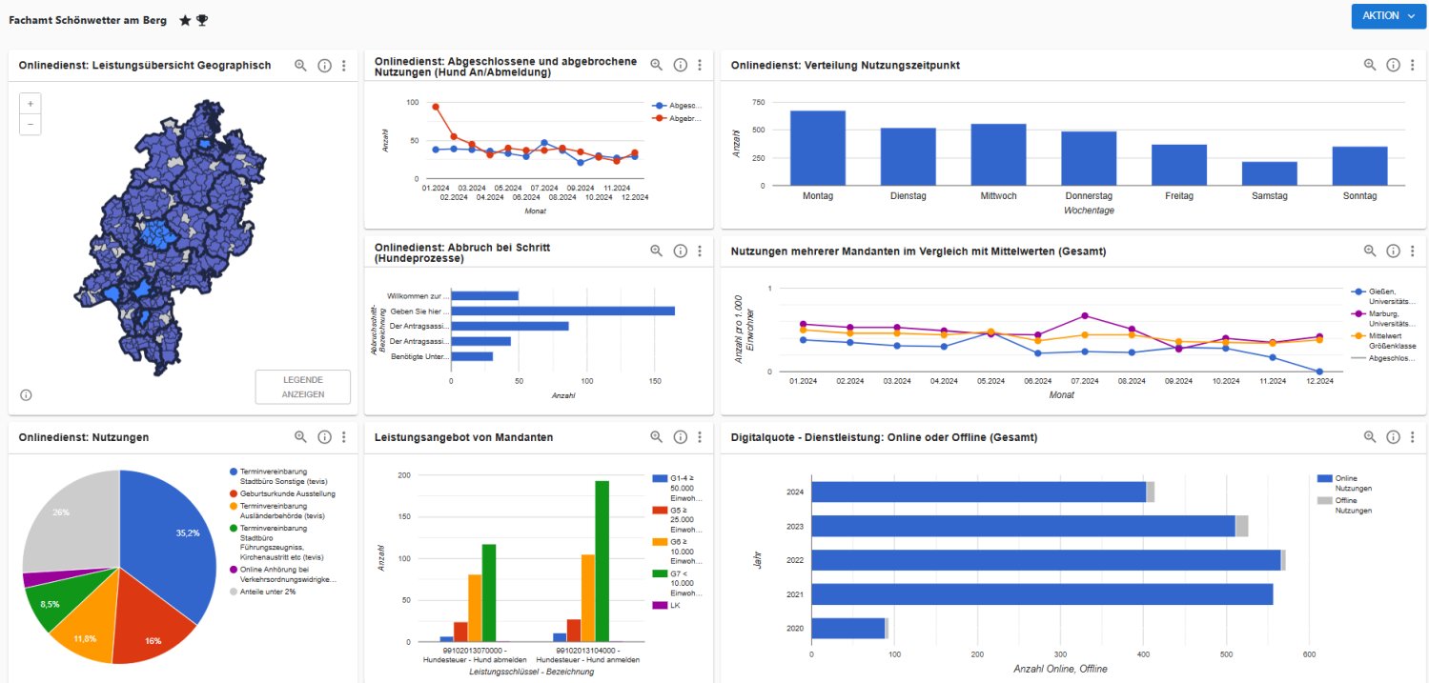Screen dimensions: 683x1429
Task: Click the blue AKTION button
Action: [1388, 16]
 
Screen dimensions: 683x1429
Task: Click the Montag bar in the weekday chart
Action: [817, 149]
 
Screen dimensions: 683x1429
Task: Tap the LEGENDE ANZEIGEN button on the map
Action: [303, 387]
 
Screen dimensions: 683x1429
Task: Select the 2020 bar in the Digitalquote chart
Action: [848, 628]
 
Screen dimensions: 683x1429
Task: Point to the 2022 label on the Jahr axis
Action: [794, 560]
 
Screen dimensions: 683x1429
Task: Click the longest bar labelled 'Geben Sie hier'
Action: [562, 311]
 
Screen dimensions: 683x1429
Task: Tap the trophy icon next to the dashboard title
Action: [202, 20]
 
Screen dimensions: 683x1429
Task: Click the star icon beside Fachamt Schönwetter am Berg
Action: [185, 20]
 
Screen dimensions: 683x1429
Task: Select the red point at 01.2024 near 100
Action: [436, 107]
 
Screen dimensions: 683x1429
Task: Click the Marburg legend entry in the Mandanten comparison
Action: [1389, 318]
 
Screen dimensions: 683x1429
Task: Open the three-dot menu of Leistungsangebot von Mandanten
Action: [699, 437]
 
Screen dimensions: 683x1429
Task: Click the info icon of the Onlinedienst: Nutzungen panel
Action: [324, 437]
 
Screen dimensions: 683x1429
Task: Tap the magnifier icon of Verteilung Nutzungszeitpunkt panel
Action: [1369, 65]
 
